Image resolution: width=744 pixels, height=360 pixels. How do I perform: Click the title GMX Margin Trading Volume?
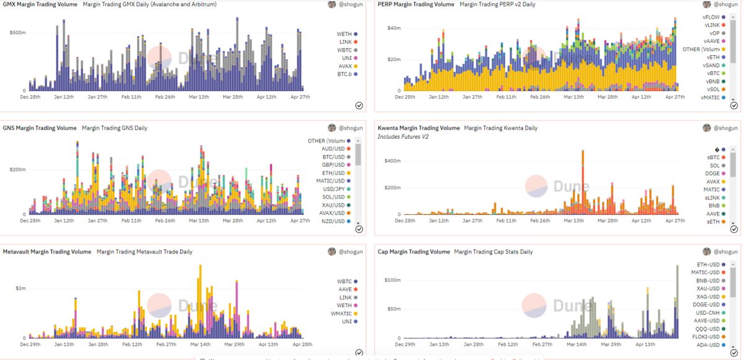click(x=40, y=4)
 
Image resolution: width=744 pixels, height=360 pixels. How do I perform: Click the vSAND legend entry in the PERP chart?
click(x=711, y=65)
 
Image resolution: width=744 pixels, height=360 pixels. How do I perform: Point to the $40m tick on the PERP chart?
click(x=395, y=28)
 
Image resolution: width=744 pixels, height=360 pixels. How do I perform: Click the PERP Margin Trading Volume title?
click(x=416, y=4)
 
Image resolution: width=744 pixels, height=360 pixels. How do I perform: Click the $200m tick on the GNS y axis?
click(x=17, y=169)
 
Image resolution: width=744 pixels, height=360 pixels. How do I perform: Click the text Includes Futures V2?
click(x=403, y=136)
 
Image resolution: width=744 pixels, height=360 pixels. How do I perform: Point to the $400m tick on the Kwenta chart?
click(x=393, y=160)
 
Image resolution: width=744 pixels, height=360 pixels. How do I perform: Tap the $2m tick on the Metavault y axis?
click(x=20, y=289)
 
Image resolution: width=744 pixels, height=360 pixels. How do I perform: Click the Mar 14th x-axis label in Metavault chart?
click(x=200, y=344)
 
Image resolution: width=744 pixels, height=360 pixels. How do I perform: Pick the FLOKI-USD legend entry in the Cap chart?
click(x=707, y=337)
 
